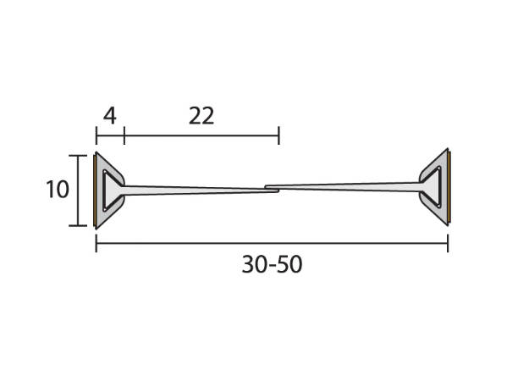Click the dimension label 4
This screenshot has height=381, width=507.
[x=110, y=116]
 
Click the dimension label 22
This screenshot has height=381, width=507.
[x=201, y=116]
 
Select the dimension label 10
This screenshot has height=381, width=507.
[x=58, y=190]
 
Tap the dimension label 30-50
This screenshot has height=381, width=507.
[x=272, y=264]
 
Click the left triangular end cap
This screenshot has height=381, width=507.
[x=109, y=190]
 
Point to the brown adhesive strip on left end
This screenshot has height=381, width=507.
[x=94, y=190]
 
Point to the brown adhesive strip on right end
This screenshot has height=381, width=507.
[x=449, y=187]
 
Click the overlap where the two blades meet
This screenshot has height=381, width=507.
[x=272, y=189]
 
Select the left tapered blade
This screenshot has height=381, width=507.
[x=201, y=190]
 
